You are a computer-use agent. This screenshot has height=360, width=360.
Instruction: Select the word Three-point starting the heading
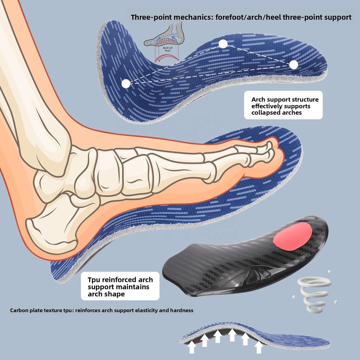click(x=149, y=17)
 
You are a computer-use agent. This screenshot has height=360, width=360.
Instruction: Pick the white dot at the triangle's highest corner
click(x=223, y=44)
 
